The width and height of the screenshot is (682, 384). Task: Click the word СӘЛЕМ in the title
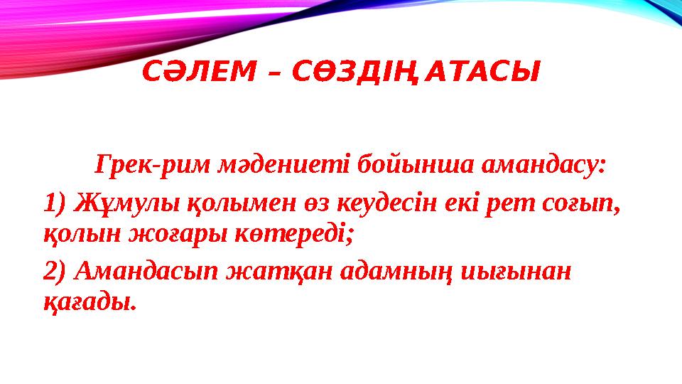tap(190, 72)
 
